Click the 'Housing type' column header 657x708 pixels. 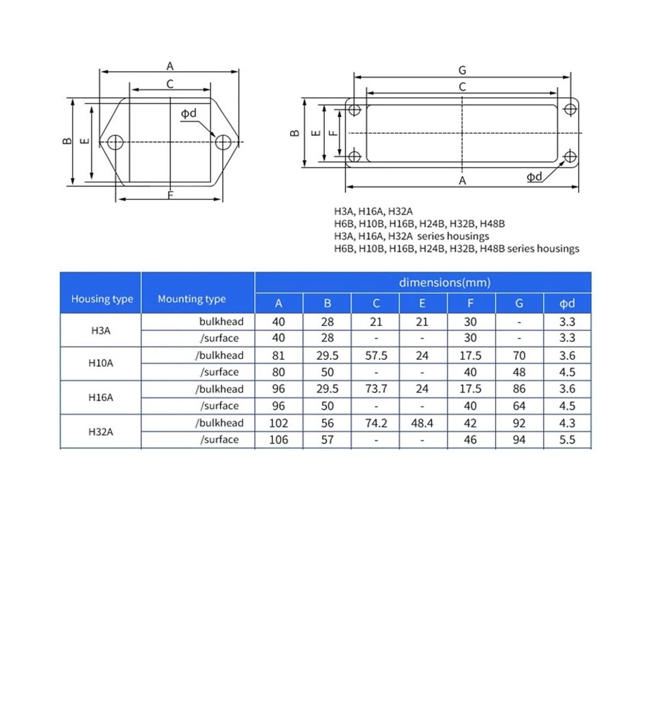pyautogui.click(x=102, y=299)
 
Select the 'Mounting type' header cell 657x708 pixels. pyautogui.click(x=191, y=299)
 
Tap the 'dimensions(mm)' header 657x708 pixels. pyautogui.click(x=444, y=282)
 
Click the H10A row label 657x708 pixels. pyautogui.click(x=101, y=363)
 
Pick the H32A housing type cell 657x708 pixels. pyautogui.click(x=101, y=431)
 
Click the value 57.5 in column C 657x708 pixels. pyautogui.click(x=376, y=355)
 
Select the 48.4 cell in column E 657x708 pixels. pyautogui.click(x=422, y=423)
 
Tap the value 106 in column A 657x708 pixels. pyautogui.click(x=279, y=440)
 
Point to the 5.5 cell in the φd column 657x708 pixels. pyautogui.click(x=567, y=440)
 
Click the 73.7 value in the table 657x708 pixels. pyautogui.click(x=376, y=389)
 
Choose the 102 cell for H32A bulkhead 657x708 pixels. pyautogui.click(x=279, y=423)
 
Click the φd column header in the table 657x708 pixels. pyautogui.click(x=567, y=303)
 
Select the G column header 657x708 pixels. pyautogui.click(x=519, y=303)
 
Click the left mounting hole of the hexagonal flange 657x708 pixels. pyautogui.click(x=115, y=142)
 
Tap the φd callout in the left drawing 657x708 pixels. pyautogui.click(x=189, y=113)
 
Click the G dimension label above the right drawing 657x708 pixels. pyautogui.click(x=462, y=70)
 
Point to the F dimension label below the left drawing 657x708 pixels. pyautogui.click(x=170, y=195)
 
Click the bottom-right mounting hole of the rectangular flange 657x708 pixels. pyautogui.click(x=570, y=156)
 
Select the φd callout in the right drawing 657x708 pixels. pyautogui.click(x=534, y=177)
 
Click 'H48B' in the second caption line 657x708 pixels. pyautogui.click(x=492, y=223)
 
